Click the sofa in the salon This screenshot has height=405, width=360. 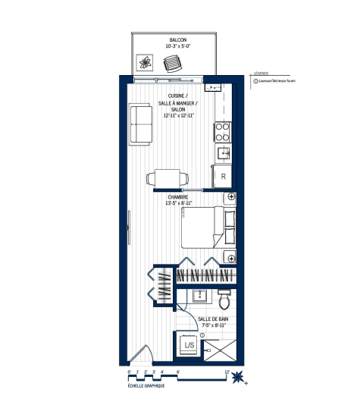pos(140,125)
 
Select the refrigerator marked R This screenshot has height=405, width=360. pos(224,177)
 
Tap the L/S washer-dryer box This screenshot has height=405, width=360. pos(188,346)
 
